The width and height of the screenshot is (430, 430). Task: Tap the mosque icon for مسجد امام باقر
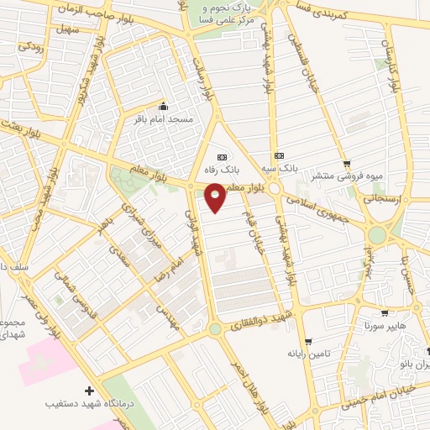pos(163,107)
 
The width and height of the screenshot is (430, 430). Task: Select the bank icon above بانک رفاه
pos(222,157)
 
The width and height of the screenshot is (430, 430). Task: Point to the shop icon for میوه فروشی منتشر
pos(347,164)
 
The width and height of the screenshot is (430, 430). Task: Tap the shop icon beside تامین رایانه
pos(309,341)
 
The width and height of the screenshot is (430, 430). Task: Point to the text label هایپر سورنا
pos(375,323)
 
